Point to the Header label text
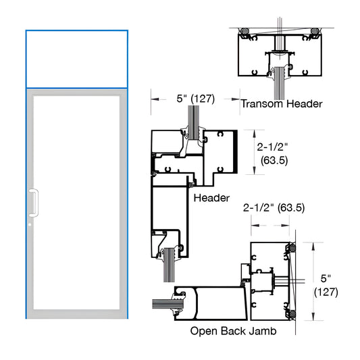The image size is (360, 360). tap(211, 198)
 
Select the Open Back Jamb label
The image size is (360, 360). tap(232, 331)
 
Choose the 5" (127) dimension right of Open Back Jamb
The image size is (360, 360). tap(327, 285)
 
